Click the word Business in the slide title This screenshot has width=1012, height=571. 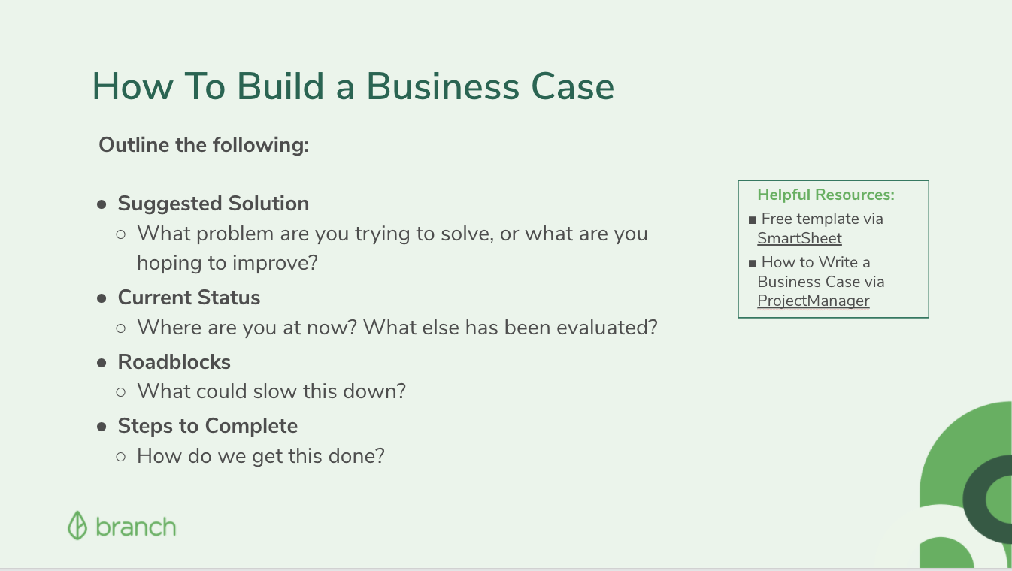coord(443,86)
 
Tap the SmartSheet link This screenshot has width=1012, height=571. coord(799,238)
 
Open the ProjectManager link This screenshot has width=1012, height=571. coord(814,301)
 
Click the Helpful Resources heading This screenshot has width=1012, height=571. coord(826,195)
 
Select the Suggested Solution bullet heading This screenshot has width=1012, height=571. coord(214,204)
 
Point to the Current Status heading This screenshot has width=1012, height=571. coord(189,298)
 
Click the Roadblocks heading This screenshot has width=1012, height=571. coord(174,362)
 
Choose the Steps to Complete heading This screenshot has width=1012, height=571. coord(208,427)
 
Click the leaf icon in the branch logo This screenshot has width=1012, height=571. coord(77,525)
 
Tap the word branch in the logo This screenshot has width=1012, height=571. coord(136,527)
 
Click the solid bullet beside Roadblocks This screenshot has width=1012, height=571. coord(102,363)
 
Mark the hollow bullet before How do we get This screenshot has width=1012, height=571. coord(120,457)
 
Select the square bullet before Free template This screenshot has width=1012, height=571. coord(752,220)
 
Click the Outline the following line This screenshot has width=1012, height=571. coord(204,145)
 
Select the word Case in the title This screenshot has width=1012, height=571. coord(572,86)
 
